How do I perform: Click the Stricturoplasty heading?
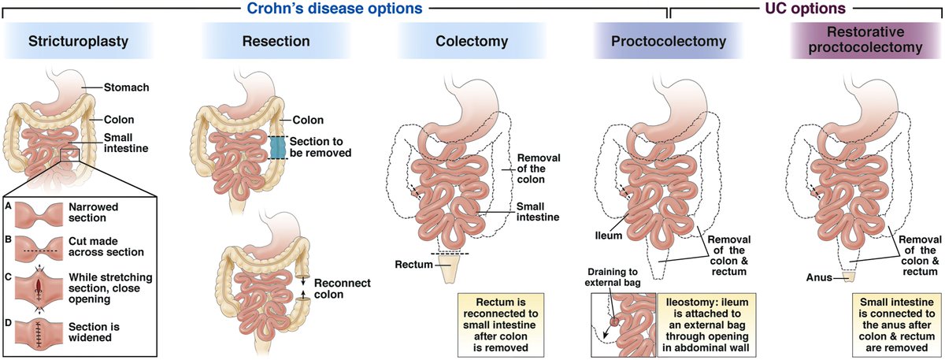pos(80,42)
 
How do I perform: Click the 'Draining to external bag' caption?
pos(617,277)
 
